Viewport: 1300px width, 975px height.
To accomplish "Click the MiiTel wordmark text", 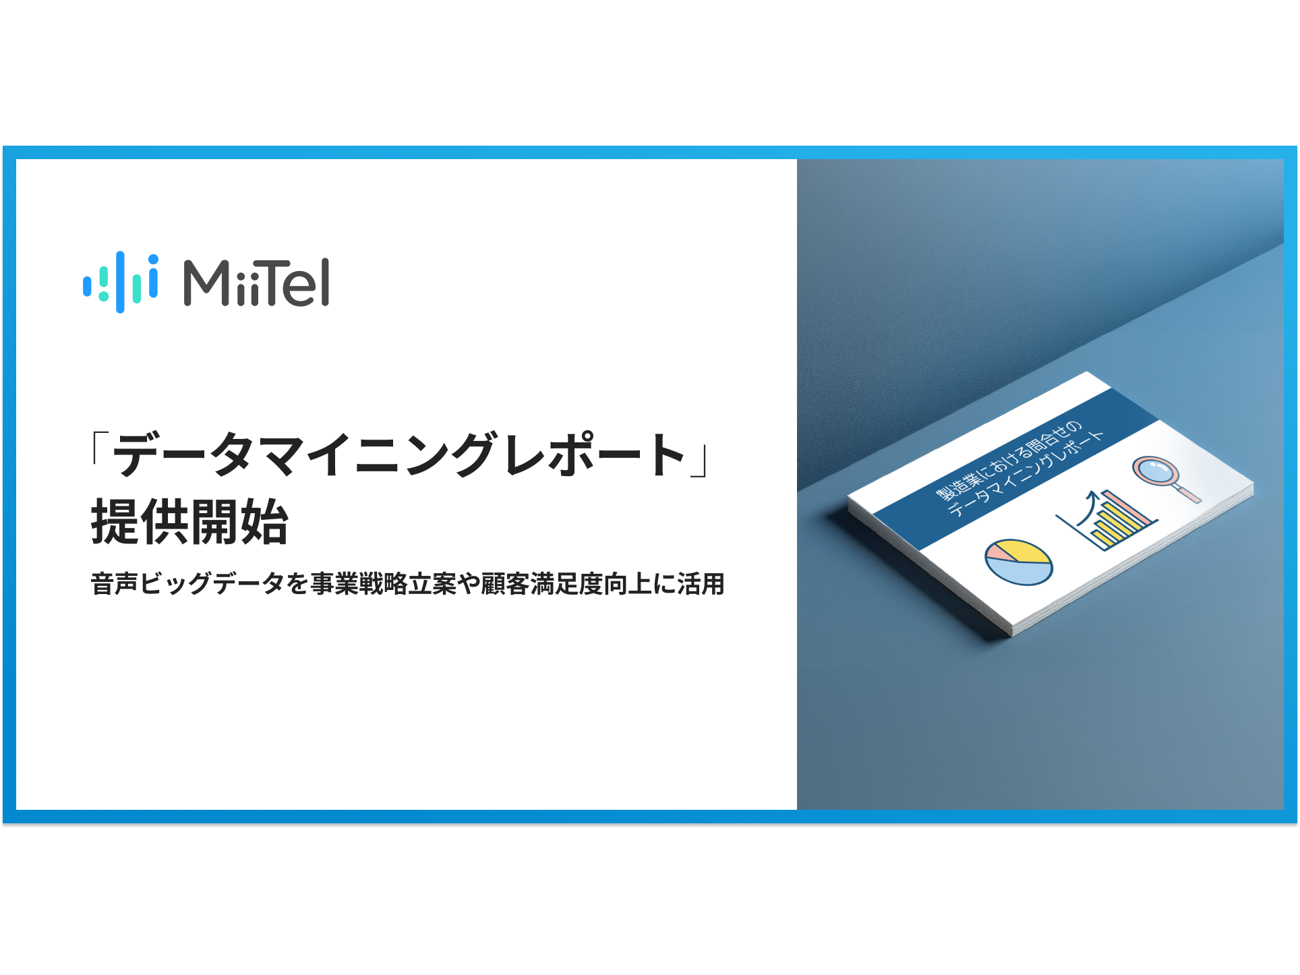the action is (256, 283).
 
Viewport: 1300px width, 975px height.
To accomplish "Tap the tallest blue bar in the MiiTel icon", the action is (120, 282).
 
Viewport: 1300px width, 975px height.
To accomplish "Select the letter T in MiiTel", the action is (273, 283).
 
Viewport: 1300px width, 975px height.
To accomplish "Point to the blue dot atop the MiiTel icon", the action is (154, 259).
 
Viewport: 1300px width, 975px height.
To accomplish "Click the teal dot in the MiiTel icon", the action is (103, 296).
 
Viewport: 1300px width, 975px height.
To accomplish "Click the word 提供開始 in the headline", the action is (189, 522).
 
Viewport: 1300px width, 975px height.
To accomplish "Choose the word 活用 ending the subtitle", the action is (701, 584).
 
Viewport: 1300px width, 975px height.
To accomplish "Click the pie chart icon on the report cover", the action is (1018, 562).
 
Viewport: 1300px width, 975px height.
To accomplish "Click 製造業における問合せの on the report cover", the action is (1009, 461).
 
